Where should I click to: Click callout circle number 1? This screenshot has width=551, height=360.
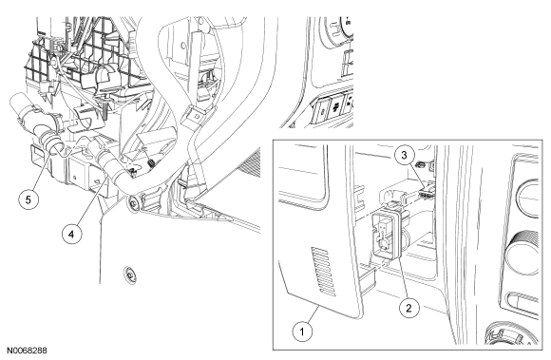(302, 331)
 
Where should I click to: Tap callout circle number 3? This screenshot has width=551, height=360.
(404, 155)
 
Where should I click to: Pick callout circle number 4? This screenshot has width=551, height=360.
(71, 234)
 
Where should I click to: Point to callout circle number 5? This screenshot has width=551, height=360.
(28, 199)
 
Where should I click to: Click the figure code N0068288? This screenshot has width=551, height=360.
(27, 351)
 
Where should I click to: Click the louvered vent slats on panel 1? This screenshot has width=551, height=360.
(323, 271)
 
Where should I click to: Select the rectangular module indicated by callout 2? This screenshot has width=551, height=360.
(387, 235)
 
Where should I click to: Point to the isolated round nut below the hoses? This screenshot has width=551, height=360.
(130, 274)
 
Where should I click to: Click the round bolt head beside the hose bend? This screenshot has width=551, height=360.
(133, 203)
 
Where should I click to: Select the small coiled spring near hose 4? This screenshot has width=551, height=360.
(152, 161)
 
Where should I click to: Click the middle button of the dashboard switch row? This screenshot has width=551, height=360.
(336, 106)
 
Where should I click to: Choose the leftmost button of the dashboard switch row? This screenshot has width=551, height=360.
(321, 111)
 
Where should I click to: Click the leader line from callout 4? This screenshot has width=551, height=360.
(90, 201)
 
